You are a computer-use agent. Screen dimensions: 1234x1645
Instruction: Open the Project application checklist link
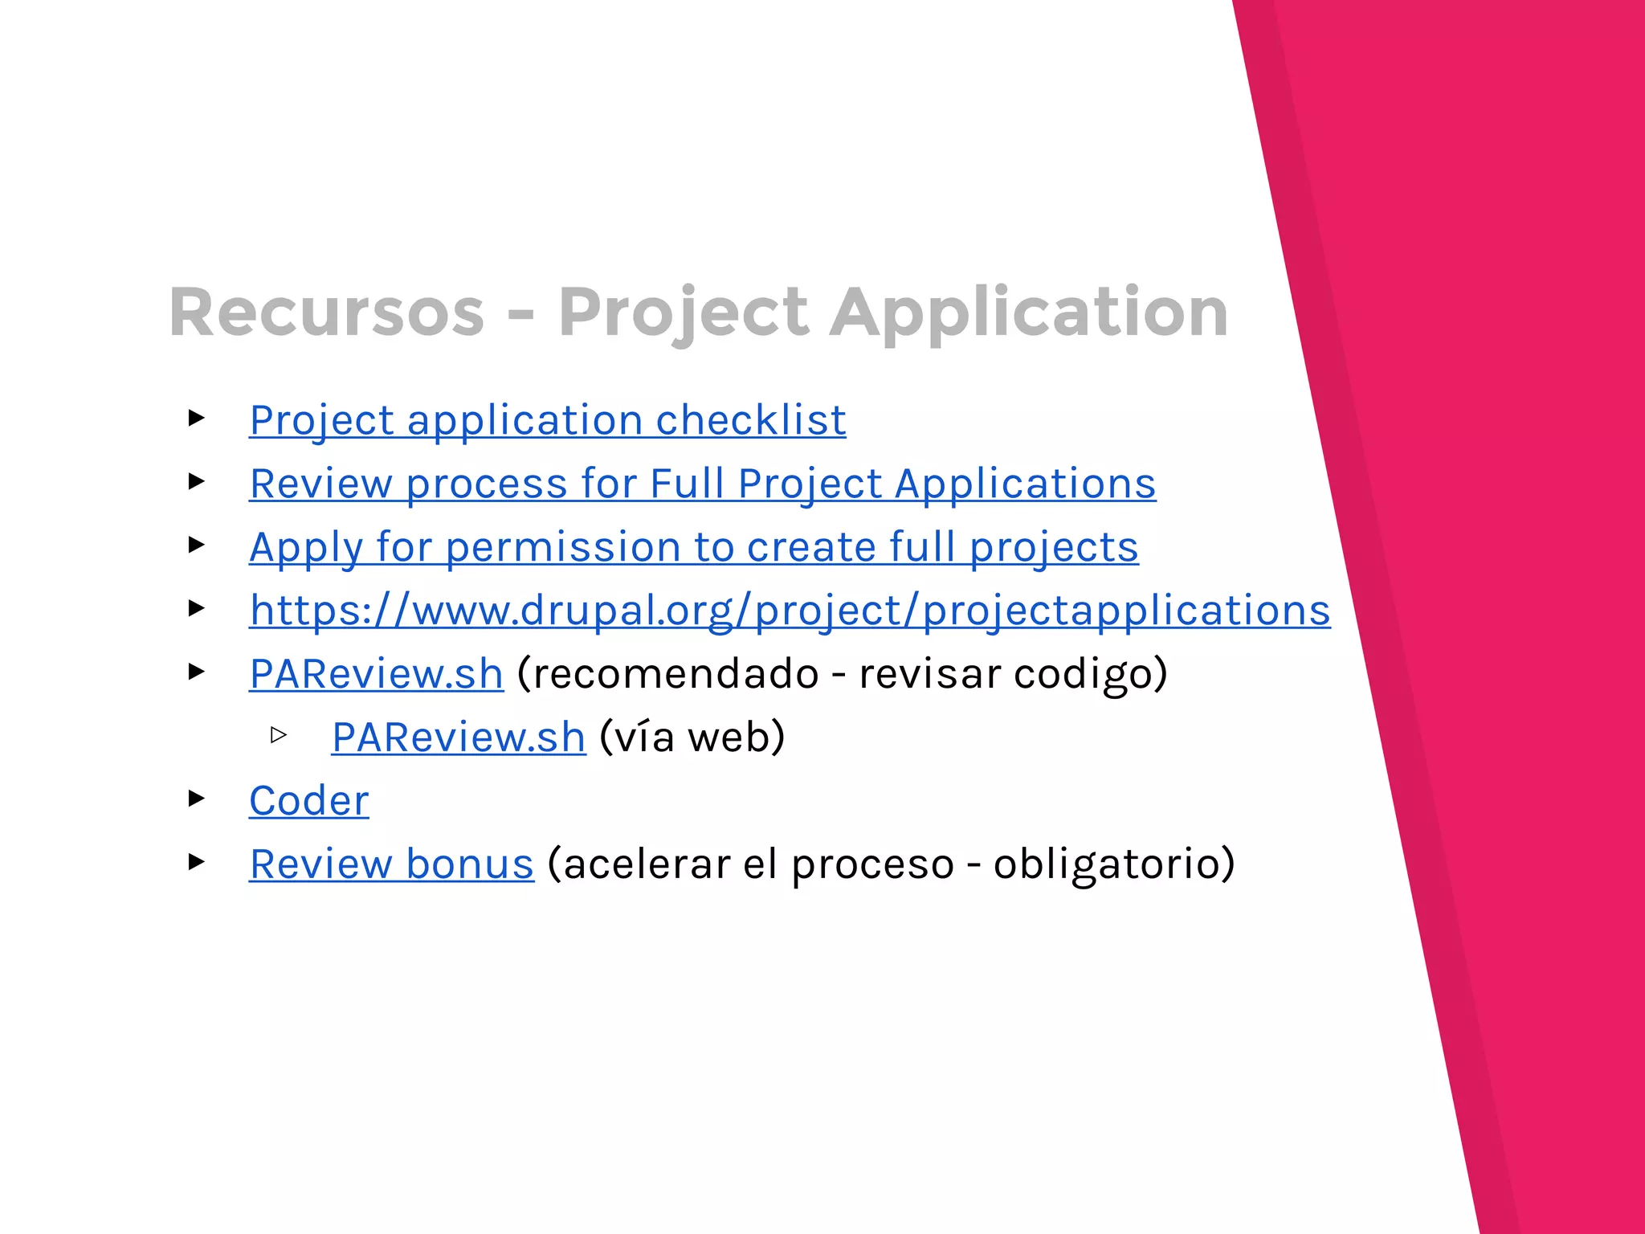tap(548, 420)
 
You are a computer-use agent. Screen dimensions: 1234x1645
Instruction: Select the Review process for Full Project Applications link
tap(702, 484)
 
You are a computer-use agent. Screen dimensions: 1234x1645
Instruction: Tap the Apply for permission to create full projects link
tap(693, 547)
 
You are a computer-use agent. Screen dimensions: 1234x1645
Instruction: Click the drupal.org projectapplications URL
tap(790, 611)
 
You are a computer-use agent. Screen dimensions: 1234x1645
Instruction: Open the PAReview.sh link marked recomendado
tap(376, 673)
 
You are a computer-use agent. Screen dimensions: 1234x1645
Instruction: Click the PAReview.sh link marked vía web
tap(459, 737)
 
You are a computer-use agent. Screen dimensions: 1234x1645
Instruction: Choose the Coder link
tap(309, 800)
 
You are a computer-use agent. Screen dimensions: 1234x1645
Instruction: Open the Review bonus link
tap(391, 864)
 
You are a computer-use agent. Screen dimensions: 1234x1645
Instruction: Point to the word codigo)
tap(1090, 673)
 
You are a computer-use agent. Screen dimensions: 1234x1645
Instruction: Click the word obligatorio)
tap(1113, 864)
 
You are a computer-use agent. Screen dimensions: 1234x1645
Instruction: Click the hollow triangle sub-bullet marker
tap(279, 734)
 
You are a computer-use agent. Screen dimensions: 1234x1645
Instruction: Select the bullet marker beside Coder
tap(197, 798)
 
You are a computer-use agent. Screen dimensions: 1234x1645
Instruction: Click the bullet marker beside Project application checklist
tap(197, 418)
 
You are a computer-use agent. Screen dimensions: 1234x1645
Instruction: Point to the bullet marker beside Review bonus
tap(197, 861)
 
